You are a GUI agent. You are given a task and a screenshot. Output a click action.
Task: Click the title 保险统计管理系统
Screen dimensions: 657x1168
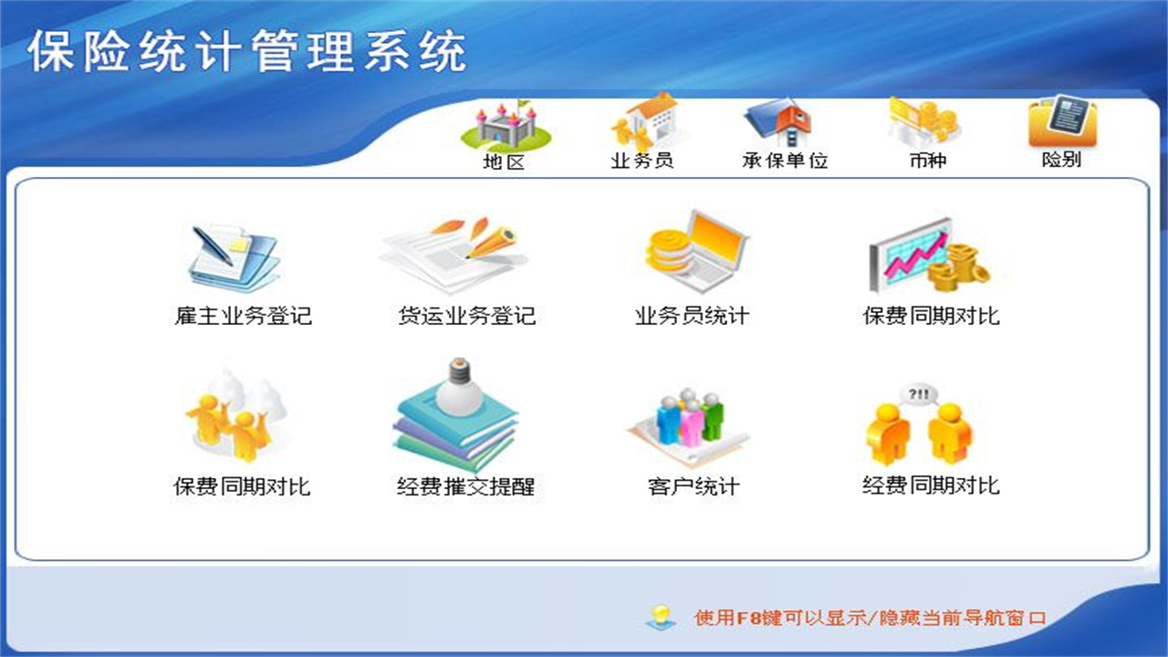[x=246, y=51]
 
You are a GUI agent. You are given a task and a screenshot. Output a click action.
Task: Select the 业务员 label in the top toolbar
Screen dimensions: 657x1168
[x=641, y=161]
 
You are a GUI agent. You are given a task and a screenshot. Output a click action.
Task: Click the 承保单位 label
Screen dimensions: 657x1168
[x=785, y=161]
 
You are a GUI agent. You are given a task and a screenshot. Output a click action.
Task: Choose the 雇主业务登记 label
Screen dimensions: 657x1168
[x=243, y=317]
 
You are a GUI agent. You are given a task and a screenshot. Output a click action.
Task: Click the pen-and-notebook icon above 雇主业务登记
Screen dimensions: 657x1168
[x=233, y=255]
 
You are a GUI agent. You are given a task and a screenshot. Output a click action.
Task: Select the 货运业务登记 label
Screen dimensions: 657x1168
[x=466, y=317]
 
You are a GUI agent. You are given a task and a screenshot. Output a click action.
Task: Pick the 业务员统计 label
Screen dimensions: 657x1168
[x=692, y=317]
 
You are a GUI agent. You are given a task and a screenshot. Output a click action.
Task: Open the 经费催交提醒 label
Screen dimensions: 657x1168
[x=465, y=487]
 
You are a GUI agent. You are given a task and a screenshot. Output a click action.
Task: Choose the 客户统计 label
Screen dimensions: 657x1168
[x=693, y=487]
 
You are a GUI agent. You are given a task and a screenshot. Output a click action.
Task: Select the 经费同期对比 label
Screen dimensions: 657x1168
[x=931, y=485]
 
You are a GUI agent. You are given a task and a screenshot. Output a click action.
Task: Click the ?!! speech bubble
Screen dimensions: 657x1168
[x=918, y=394]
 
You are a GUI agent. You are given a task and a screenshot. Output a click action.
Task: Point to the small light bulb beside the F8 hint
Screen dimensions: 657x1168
[x=660, y=617]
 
